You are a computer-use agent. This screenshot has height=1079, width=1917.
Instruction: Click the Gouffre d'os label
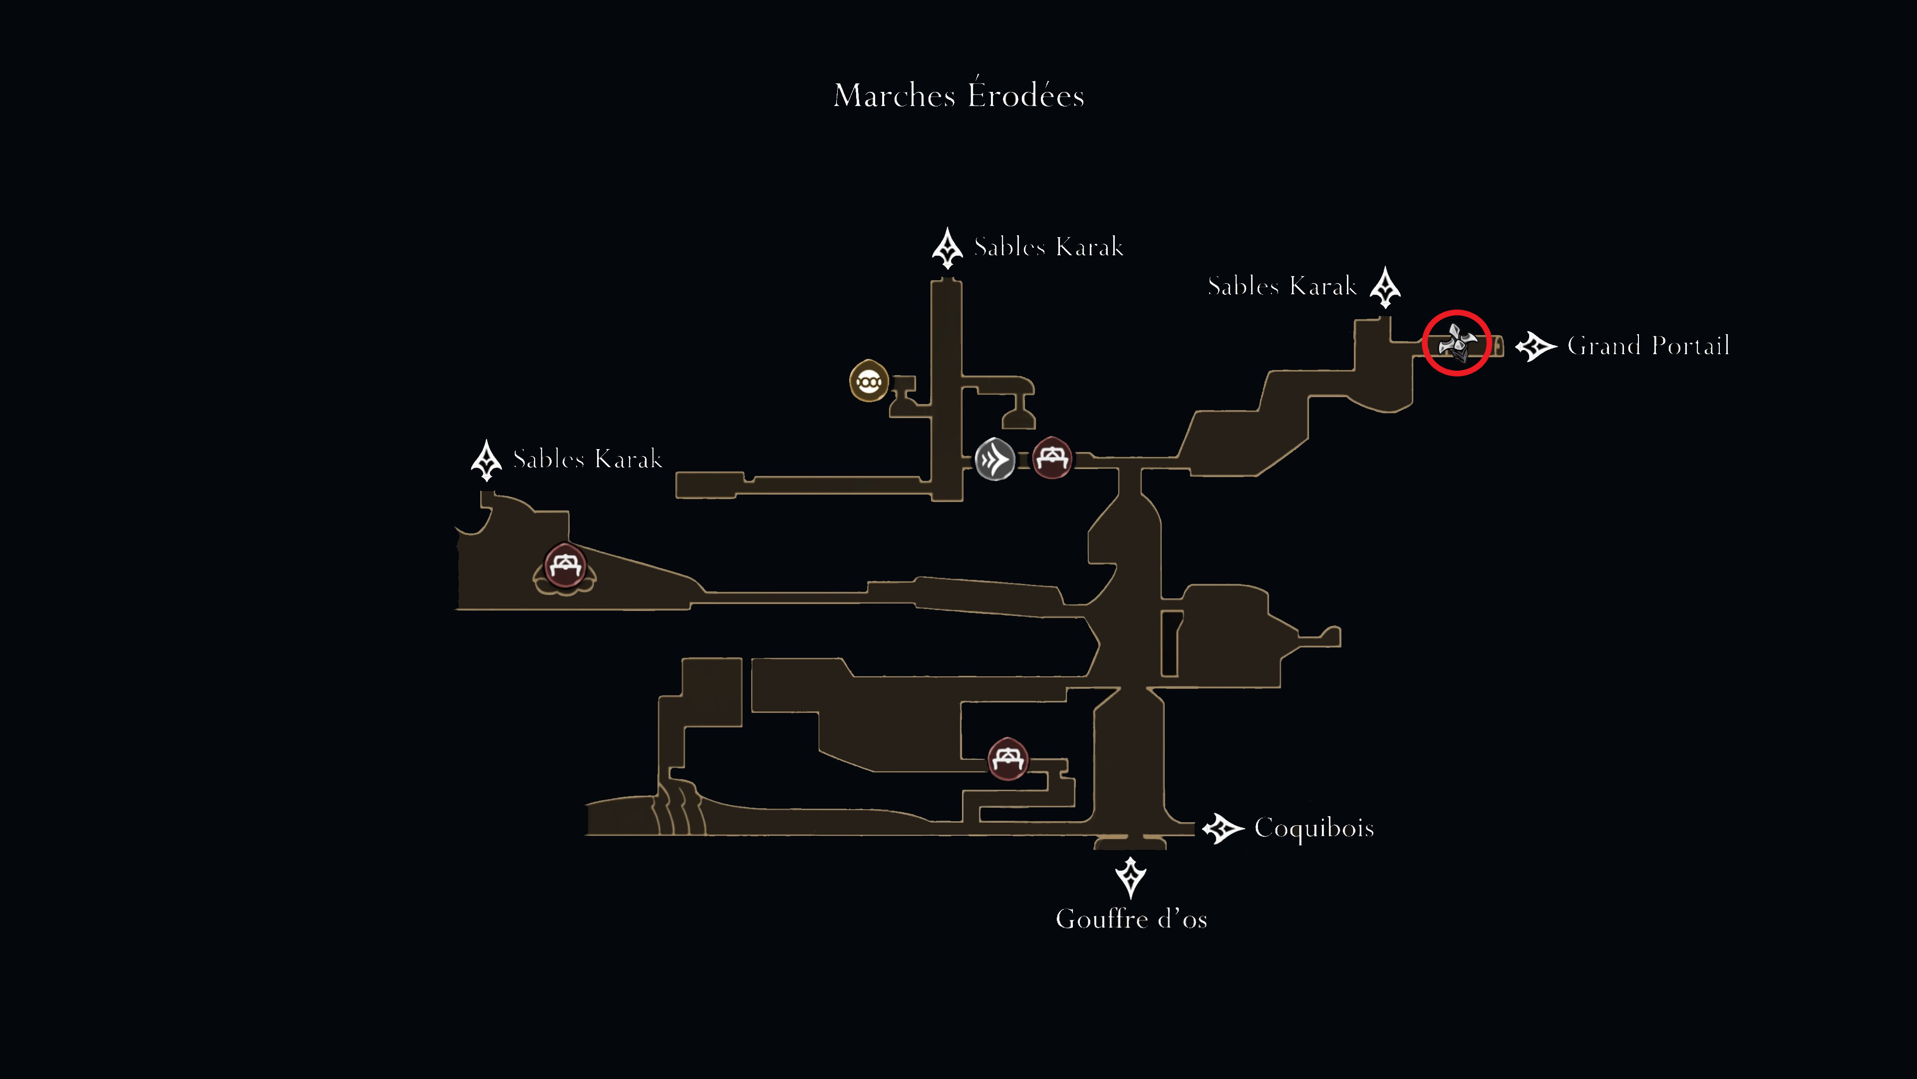[1131, 919]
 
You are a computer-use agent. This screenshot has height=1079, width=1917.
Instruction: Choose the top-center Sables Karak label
[1048, 246]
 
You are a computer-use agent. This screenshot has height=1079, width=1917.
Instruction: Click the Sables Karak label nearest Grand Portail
[1282, 286]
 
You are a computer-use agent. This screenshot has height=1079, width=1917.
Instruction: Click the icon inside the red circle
[1456, 343]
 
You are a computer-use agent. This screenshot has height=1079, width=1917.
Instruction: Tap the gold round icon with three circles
[869, 381]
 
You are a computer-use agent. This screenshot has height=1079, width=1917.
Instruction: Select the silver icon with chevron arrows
[995, 460]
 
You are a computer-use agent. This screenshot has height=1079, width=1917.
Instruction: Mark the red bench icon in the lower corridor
[1007, 758]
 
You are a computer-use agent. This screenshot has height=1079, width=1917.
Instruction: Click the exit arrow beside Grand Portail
[1535, 346]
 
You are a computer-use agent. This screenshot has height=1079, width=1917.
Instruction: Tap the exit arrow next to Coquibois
[1223, 829]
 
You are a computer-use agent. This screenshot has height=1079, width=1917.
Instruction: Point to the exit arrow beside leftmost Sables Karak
[487, 460]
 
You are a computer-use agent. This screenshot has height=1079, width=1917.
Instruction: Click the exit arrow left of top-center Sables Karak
[948, 248]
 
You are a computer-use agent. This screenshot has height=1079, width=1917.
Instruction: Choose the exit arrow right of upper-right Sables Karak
[1385, 287]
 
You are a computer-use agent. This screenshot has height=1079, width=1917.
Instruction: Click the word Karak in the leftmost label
[629, 459]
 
